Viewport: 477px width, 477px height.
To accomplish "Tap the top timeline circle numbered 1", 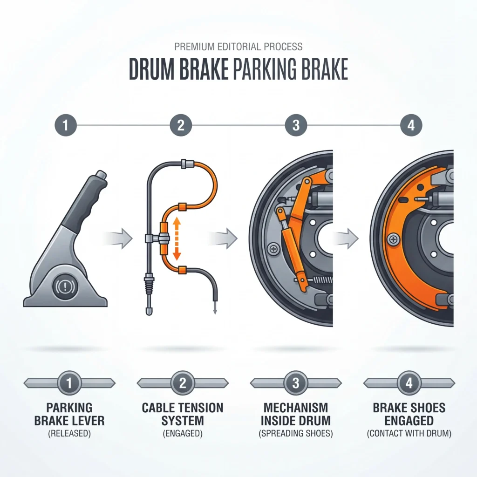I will point(65,125).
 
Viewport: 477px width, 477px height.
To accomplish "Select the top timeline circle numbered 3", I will point(296,125).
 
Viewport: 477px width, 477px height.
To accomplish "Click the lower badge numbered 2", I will point(183,383).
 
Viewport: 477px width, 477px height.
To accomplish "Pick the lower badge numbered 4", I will point(409,383).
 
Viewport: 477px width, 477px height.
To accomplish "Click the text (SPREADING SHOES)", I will point(296,434).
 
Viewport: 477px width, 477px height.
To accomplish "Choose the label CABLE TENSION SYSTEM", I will point(183,415).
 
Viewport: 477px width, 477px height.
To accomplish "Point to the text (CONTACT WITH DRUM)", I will point(409,434).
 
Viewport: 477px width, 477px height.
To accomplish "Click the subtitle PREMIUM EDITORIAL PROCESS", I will point(238,47).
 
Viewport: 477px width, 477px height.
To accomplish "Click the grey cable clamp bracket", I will point(154,238).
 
